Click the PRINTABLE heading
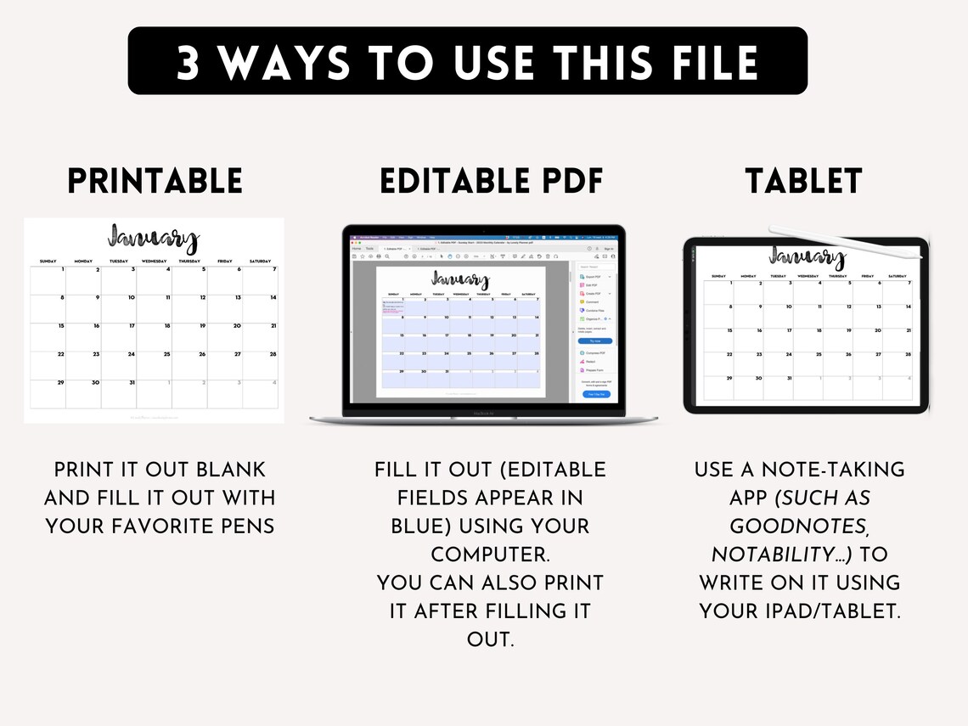click(x=155, y=181)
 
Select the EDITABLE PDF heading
click(x=491, y=181)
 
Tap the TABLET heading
click(x=803, y=181)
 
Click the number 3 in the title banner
click(x=188, y=62)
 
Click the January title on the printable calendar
click(x=153, y=239)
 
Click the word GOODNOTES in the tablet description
click(x=799, y=526)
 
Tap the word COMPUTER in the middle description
click(x=490, y=554)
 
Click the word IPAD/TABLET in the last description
click(x=830, y=611)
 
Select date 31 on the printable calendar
click(x=132, y=382)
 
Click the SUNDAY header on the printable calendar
click(x=48, y=262)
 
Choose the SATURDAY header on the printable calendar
click(x=260, y=262)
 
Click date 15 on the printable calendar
click(x=61, y=326)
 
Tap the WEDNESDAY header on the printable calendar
click(x=154, y=262)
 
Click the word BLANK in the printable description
click(x=231, y=470)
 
